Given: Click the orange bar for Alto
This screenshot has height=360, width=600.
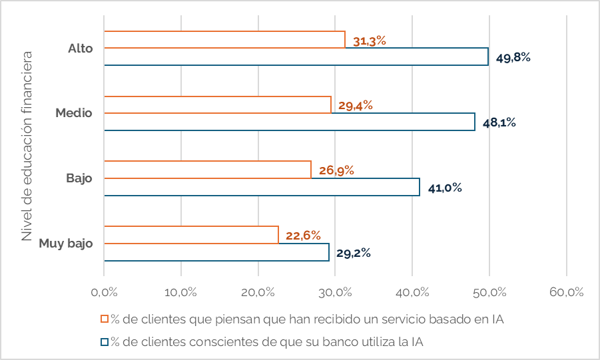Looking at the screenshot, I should (x=224, y=39).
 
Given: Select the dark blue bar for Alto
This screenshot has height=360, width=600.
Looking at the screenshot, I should (x=296, y=57).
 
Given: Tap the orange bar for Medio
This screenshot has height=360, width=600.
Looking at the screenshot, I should (x=218, y=104).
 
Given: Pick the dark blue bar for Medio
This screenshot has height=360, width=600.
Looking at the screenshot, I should (x=290, y=122).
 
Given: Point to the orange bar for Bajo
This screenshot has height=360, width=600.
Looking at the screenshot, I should (x=208, y=170).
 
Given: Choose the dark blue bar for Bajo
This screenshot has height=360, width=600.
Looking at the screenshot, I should (x=262, y=187).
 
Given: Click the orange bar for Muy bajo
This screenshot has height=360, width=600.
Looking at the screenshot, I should (x=191, y=235).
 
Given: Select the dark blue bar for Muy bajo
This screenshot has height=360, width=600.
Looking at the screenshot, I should (x=216, y=252).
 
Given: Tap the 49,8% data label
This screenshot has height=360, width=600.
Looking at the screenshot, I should (x=513, y=57).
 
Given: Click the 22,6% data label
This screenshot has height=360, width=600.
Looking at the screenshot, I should (x=303, y=236).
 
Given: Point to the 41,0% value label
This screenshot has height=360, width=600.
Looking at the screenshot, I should (x=445, y=188).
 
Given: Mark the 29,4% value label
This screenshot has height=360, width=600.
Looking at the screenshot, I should (x=355, y=105).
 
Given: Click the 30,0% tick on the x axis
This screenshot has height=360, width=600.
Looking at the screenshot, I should (x=335, y=292).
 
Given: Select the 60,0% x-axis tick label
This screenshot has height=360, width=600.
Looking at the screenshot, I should (x=566, y=292).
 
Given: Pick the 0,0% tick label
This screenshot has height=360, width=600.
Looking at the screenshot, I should (x=105, y=292).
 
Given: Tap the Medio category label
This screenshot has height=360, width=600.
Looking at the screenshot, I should (x=74, y=113).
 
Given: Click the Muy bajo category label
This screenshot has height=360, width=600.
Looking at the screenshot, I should (x=65, y=244).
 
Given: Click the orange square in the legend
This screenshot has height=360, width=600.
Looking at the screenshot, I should (x=105, y=319).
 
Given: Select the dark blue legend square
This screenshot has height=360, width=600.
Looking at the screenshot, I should (x=105, y=342).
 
